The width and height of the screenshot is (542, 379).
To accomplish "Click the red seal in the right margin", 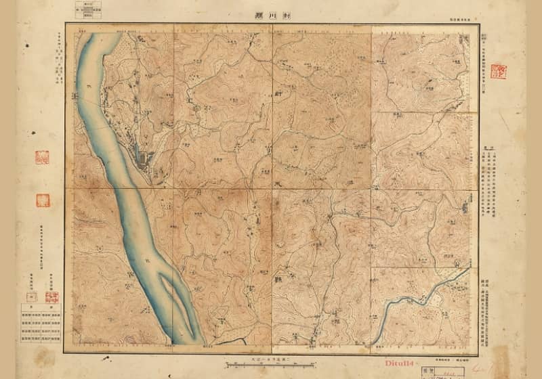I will (x=498, y=71).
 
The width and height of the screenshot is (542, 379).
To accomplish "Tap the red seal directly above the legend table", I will (x=51, y=296).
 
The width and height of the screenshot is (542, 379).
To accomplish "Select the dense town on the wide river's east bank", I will (x=144, y=160).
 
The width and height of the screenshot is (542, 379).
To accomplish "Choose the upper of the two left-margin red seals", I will (x=41, y=157).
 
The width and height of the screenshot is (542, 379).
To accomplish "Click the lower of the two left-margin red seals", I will (x=42, y=200).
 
